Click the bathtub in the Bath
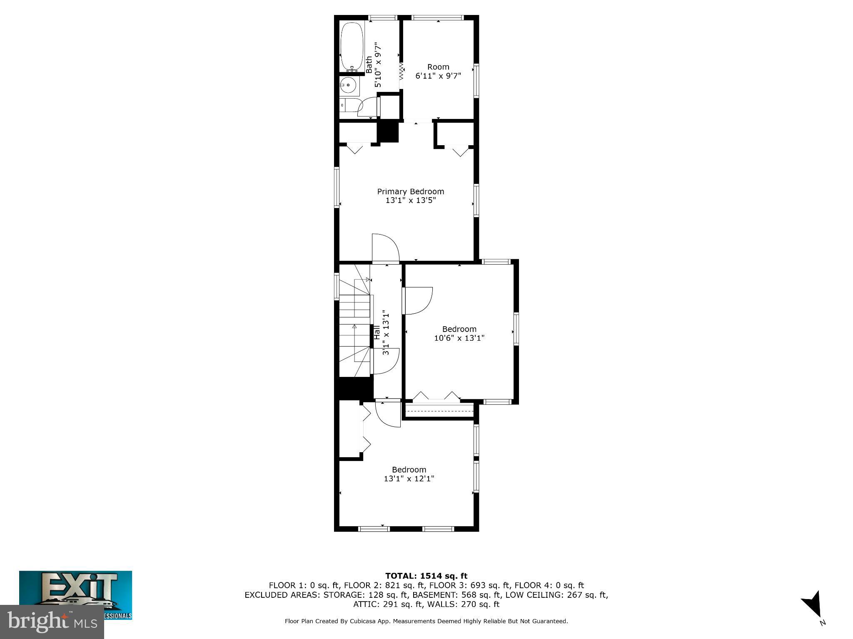click(x=352, y=46)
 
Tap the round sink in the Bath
click(x=348, y=86)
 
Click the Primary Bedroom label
click(x=410, y=191)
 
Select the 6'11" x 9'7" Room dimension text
click(x=438, y=76)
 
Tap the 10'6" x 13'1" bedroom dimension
click(x=459, y=338)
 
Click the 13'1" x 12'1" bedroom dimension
click(x=409, y=478)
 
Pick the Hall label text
click(x=377, y=332)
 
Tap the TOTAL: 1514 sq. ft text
click(x=426, y=576)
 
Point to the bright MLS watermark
click(x=52, y=622)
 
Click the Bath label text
click(x=369, y=65)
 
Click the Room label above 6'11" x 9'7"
click(x=438, y=67)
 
